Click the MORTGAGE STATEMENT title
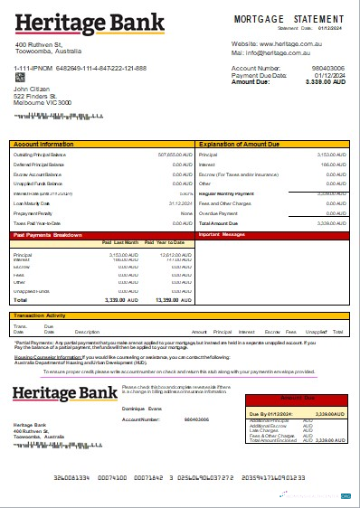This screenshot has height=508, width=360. click(289, 18)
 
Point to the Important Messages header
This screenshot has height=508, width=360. click(222, 235)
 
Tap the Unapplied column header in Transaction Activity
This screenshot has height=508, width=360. click(316, 333)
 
